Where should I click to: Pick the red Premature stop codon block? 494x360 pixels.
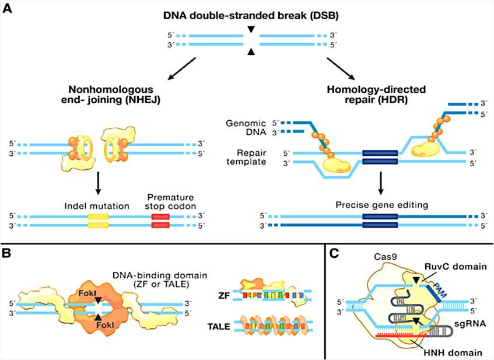tap(161, 219)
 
